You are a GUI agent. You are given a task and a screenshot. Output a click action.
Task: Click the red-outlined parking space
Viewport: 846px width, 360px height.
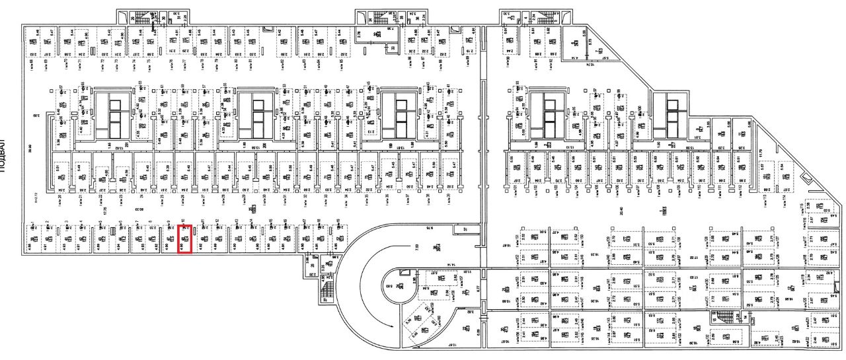(185, 238)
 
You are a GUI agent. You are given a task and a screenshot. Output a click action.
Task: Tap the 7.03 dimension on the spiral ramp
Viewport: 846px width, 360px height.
(417, 246)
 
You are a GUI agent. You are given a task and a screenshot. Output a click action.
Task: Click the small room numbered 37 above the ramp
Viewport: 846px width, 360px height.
(465, 229)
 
